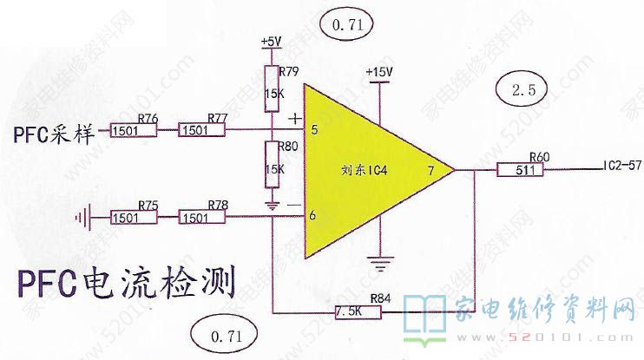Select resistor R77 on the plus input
coord(201,130)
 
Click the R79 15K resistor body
coord(270,88)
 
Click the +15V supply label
coord(379,71)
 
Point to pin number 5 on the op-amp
coord(313,130)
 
